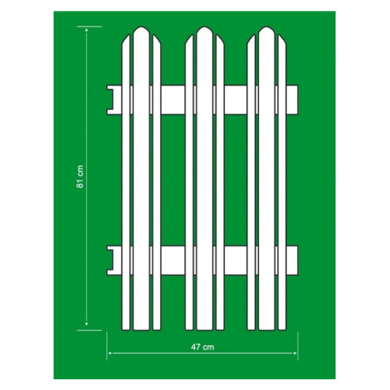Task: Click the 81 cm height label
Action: click(x=80, y=177)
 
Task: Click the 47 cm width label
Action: click(x=202, y=347)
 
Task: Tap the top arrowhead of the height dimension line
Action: click(x=86, y=29)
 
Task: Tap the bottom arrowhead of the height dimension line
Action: click(x=86, y=324)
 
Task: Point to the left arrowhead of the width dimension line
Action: click(x=110, y=353)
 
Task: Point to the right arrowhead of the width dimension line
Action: click(x=295, y=353)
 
